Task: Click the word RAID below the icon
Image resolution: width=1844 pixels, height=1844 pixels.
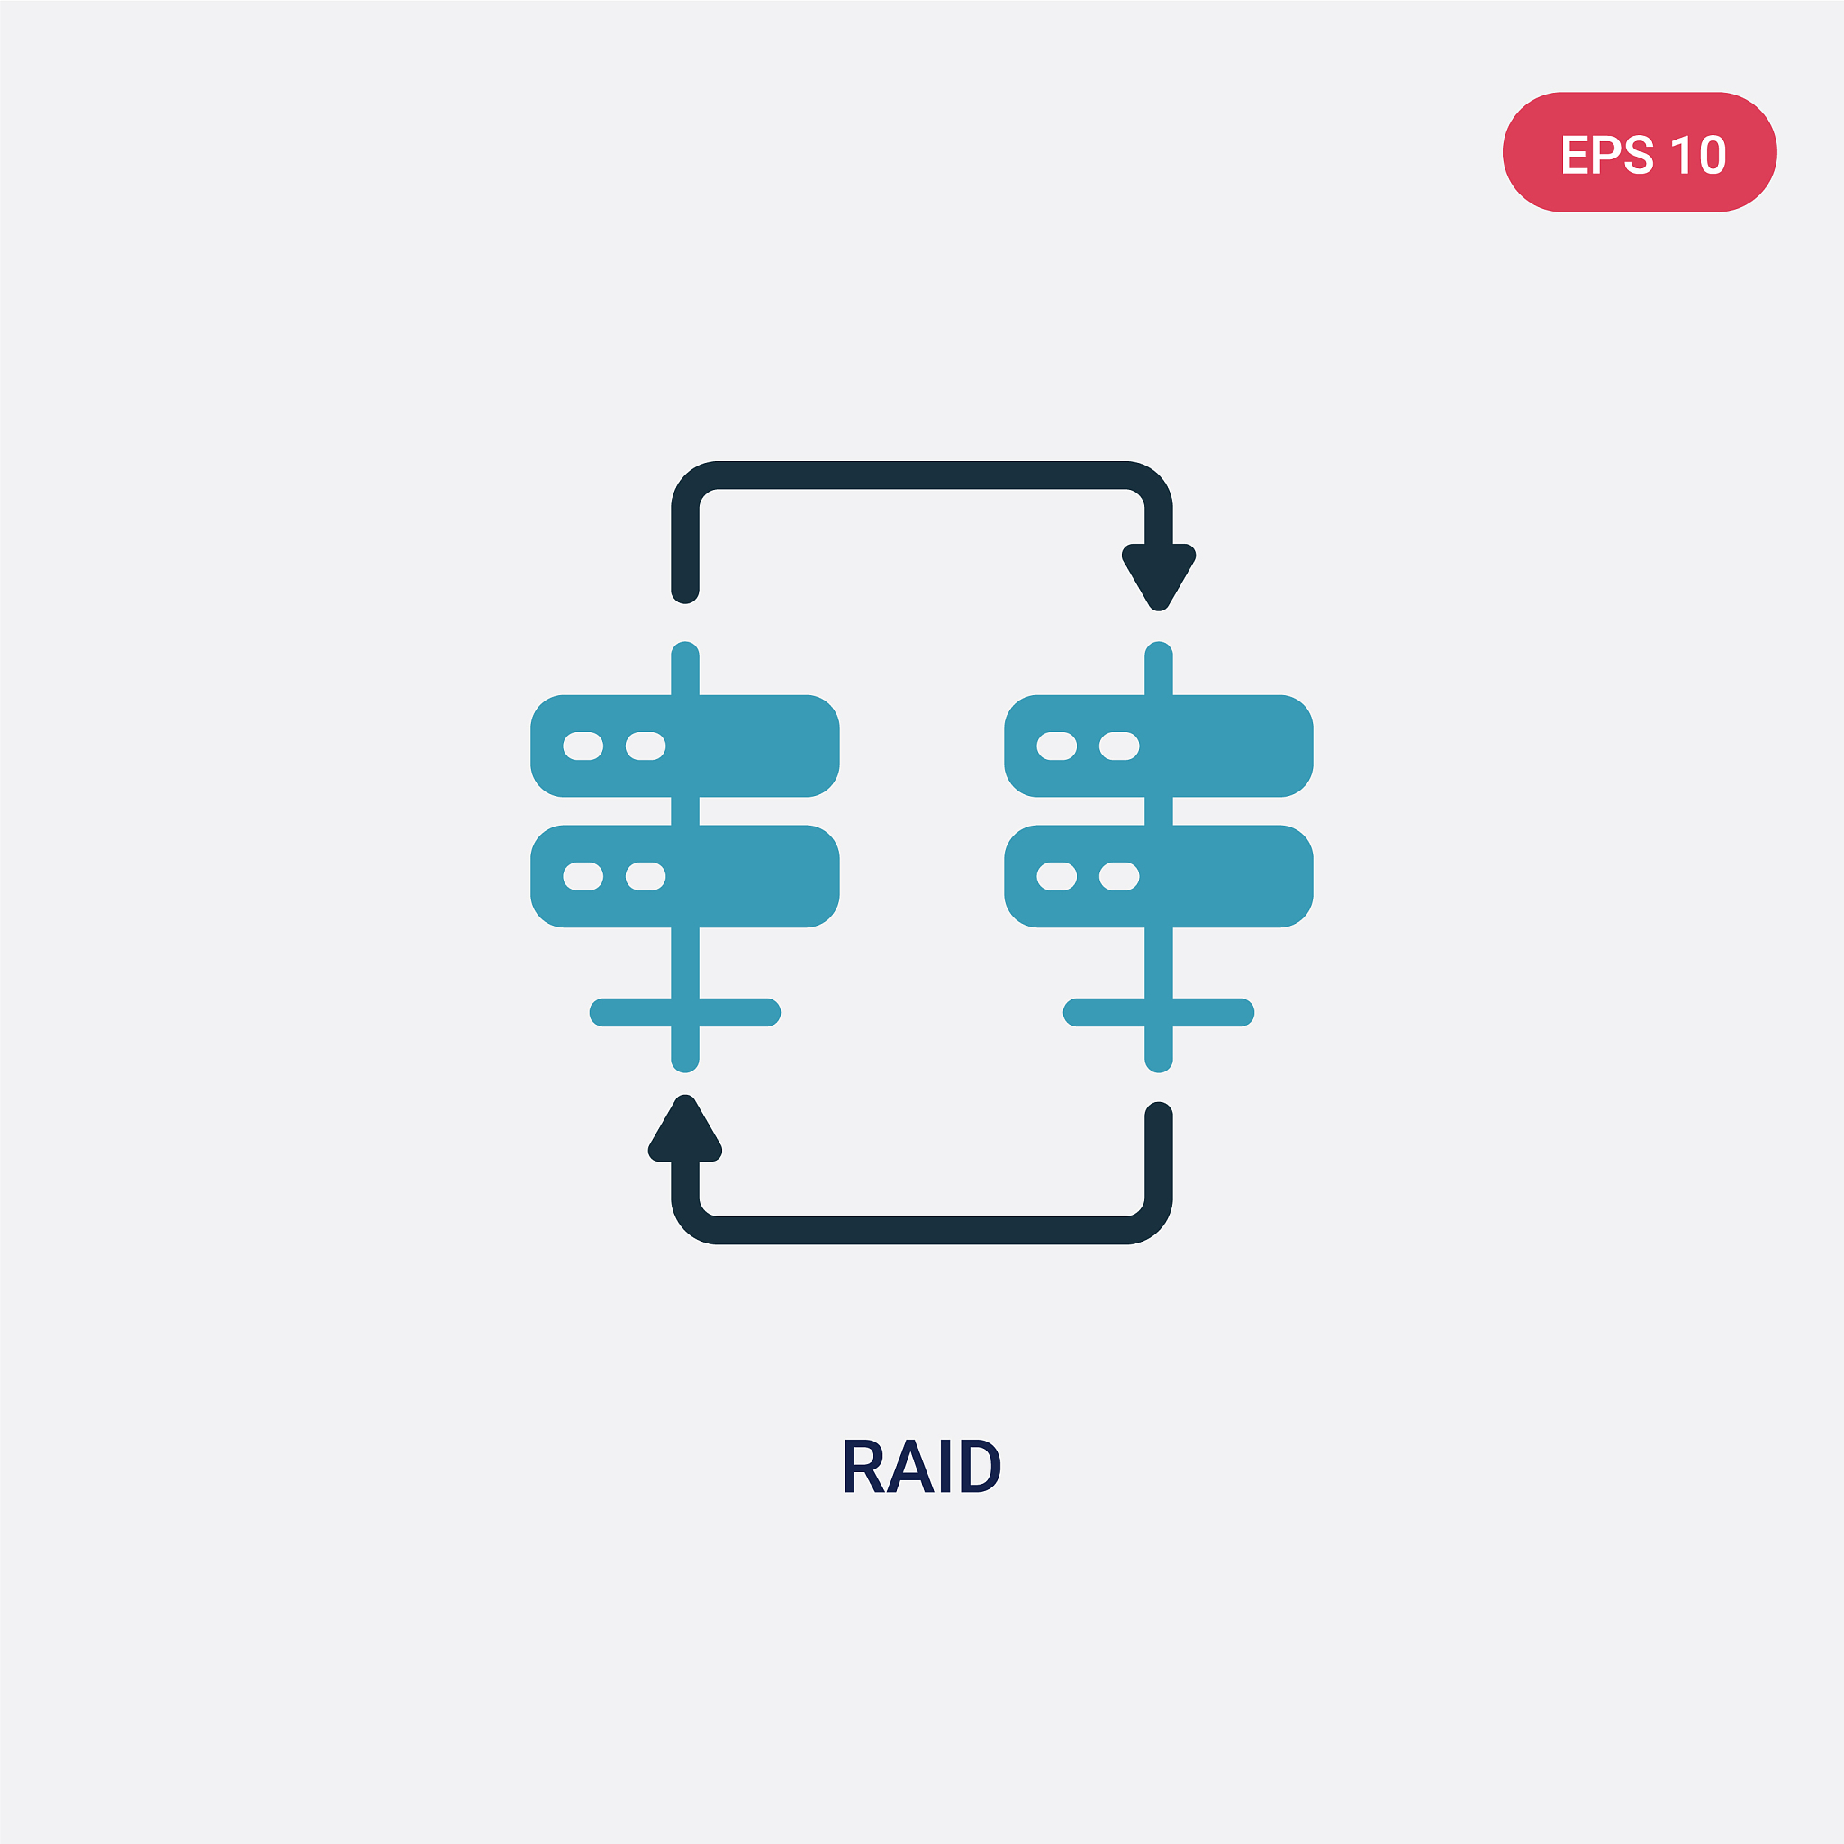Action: point(922,1465)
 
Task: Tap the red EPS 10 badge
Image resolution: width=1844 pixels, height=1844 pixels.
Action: point(1640,152)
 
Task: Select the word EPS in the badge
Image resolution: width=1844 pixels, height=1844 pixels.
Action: point(1607,154)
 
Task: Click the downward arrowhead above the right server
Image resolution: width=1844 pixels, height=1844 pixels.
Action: point(1159,576)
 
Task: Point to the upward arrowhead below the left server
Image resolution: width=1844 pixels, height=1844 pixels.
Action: point(685,1127)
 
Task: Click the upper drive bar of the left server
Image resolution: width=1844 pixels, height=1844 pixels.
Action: point(685,746)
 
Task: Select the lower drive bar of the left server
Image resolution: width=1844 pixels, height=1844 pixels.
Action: point(685,876)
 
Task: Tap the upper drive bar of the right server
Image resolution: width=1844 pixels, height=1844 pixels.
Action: point(1159,746)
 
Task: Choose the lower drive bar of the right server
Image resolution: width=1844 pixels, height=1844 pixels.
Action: point(1159,876)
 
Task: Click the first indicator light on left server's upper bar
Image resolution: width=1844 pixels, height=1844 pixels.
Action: point(583,746)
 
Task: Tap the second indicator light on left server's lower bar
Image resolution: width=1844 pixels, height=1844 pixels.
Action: point(646,876)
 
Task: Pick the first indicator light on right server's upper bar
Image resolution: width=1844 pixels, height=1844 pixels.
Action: point(1056,746)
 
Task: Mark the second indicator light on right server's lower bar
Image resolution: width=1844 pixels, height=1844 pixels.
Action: point(1119,876)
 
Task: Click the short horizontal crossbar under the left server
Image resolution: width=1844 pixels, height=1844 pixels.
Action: point(685,1012)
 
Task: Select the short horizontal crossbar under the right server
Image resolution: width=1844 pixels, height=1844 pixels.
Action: point(1159,1012)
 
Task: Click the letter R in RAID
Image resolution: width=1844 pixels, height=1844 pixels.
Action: point(863,1465)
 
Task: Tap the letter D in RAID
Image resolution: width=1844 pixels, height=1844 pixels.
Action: point(981,1465)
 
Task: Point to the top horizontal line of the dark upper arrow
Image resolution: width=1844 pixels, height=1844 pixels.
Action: point(922,475)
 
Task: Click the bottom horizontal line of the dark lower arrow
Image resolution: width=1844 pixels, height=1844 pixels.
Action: point(922,1230)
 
